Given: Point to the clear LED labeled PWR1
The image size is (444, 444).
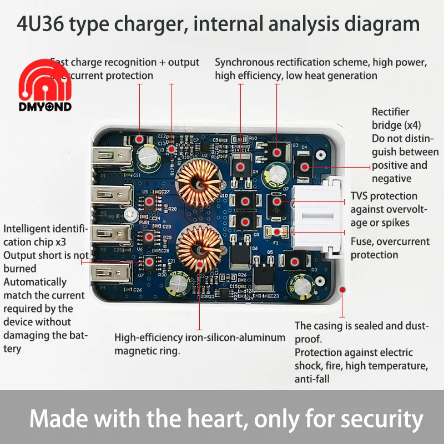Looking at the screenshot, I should (129, 214).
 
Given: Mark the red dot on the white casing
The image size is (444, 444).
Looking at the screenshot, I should (342, 290).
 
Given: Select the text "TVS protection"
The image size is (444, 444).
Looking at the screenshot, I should (384, 196).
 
